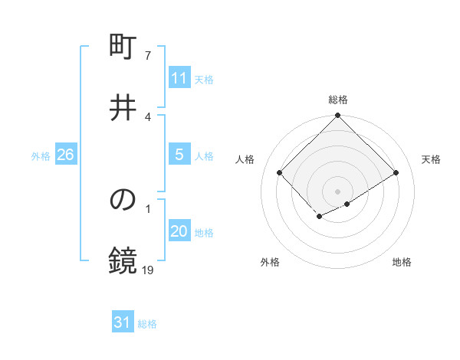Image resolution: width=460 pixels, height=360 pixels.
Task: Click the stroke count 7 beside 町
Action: point(148,56)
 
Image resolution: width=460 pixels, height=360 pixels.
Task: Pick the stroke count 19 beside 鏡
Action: point(148,270)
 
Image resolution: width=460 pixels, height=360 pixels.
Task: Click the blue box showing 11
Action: point(179,78)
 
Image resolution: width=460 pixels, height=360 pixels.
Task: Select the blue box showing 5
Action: point(179,155)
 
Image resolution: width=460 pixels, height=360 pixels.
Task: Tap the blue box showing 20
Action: point(179,231)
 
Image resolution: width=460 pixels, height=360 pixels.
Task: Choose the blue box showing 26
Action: point(65,155)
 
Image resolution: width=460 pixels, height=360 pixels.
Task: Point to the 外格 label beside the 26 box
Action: point(41,156)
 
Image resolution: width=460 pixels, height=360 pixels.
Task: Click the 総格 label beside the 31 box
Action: point(147,325)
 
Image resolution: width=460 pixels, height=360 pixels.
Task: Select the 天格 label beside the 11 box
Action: point(204,80)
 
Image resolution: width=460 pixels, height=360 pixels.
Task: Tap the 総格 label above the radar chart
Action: point(337,100)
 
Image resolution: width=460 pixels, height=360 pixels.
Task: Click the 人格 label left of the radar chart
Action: point(245,159)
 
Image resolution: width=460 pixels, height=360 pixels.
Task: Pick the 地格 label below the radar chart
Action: point(402,262)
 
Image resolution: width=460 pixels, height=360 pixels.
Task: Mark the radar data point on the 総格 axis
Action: point(337,116)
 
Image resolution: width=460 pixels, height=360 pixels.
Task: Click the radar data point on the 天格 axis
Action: point(396,173)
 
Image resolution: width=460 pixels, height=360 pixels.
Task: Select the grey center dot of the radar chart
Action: point(337,191)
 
